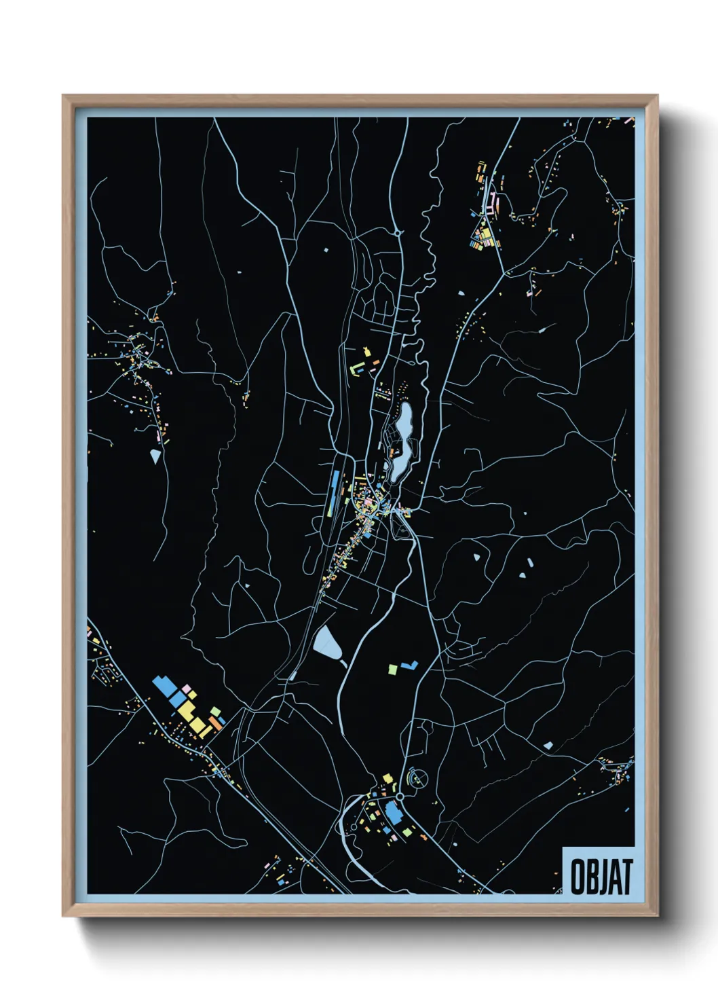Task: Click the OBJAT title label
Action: coord(601,876)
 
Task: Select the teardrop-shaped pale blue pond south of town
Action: coord(326,643)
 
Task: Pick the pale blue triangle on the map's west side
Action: coord(155,456)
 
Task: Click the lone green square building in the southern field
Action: coord(392,670)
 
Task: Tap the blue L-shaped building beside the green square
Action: coord(409,665)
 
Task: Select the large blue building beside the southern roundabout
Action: coord(393,811)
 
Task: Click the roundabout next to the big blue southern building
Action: coord(400,796)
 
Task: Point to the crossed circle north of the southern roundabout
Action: coord(417,778)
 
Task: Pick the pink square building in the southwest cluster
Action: coord(185,689)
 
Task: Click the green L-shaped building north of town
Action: coord(356,368)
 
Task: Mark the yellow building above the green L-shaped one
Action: coord(368,352)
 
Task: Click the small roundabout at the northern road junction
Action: coord(398,233)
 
